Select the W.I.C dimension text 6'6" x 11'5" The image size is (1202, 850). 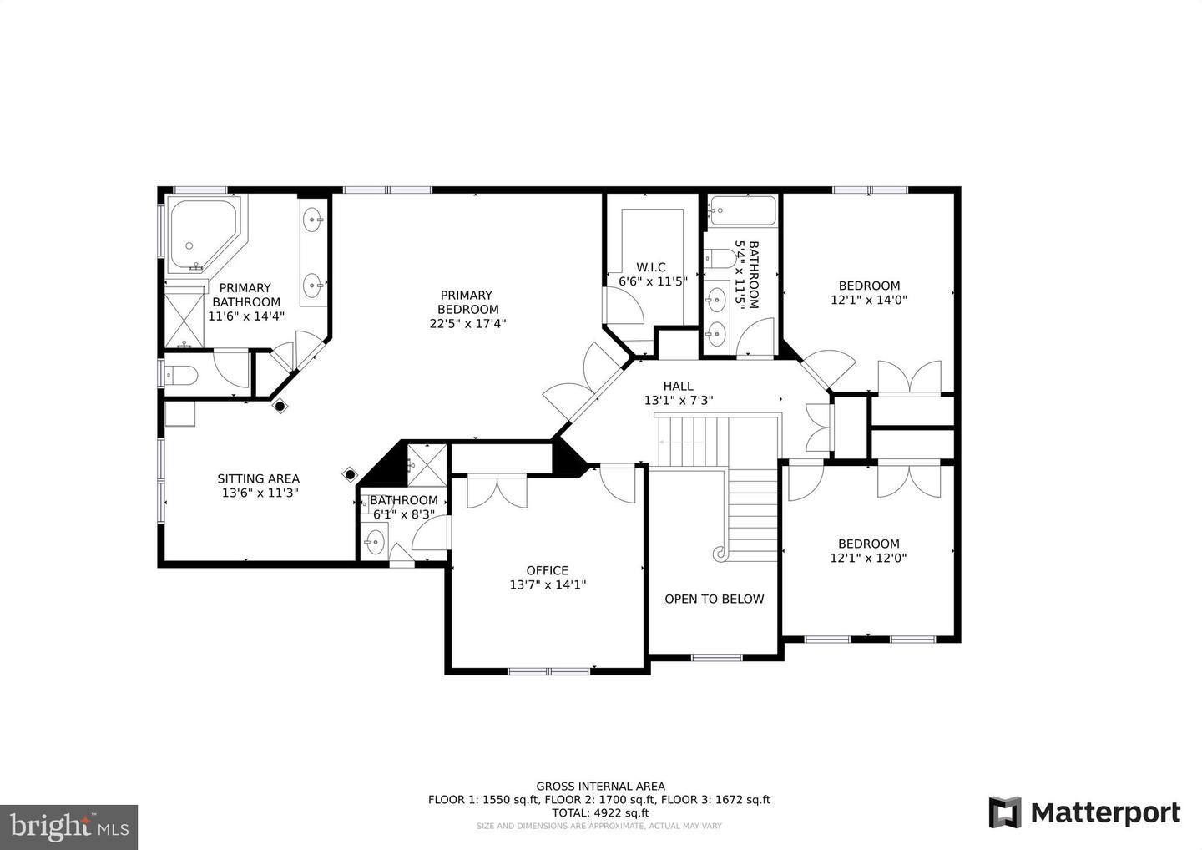pos(653,281)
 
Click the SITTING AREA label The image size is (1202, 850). pos(258,478)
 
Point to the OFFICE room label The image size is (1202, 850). pos(547,570)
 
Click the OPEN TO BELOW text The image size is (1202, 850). pos(715,599)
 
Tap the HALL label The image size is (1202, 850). pos(679,386)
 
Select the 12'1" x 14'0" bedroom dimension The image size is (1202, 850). pos(869,300)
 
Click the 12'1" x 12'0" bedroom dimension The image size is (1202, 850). pos(868,558)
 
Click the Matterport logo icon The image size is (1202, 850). pos(1004,812)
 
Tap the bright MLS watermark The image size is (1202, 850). pos(68,827)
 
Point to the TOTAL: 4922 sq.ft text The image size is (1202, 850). pos(600,813)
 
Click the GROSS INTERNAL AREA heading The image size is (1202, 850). pos(600,787)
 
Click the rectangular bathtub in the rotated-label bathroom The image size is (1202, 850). pos(742,211)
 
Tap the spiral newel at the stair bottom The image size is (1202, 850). pos(719,553)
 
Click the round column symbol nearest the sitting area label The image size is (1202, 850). pos(350,474)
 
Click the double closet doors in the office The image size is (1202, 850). pos(497,492)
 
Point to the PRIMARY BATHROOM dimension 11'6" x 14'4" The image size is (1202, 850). pos(245,316)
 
